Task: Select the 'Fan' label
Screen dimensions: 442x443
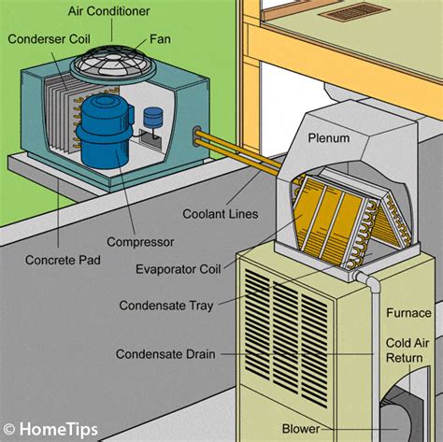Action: pyautogui.click(x=160, y=40)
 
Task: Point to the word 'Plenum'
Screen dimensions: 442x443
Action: pyautogui.click(x=328, y=138)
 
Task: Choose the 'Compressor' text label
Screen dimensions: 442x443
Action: pyautogui.click(x=141, y=243)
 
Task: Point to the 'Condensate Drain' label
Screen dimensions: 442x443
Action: pyautogui.click(x=165, y=354)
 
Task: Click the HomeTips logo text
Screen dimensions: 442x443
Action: pyautogui.click(x=50, y=428)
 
